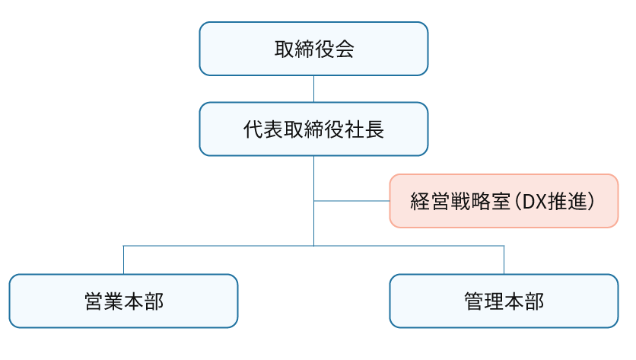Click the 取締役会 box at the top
click(x=313, y=49)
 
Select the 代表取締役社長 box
click(x=313, y=129)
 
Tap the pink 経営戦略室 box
click(x=504, y=201)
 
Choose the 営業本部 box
click(x=123, y=301)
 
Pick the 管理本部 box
click(x=504, y=301)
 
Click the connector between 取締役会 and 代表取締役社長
click(x=313, y=89)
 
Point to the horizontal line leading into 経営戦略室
click(x=351, y=201)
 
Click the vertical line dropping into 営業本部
click(x=123, y=260)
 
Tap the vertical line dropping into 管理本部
click(x=504, y=260)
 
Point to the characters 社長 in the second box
click(x=364, y=130)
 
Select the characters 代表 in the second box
click(x=263, y=130)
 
